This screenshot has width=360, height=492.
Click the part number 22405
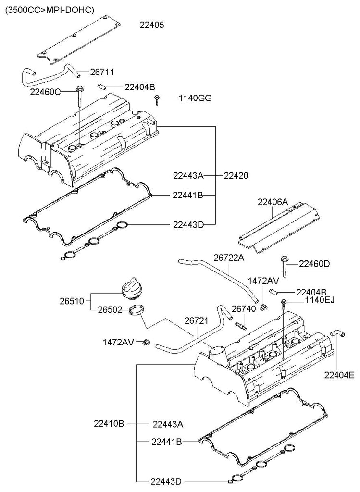coord(151,25)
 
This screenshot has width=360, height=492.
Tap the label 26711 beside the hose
coord(102,73)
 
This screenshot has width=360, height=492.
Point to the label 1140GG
coord(195,98)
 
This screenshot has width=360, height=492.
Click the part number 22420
coord(236,176)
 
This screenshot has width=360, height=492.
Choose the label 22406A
coord(273,202)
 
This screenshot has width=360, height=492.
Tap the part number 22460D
coord(314,264)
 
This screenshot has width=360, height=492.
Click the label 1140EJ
coord(320,300)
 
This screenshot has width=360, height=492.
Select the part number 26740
coord(244,309)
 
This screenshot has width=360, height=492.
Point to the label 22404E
coord(340,375)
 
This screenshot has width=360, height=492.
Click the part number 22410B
coord(109,424)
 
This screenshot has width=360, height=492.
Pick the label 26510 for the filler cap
coord(72,301)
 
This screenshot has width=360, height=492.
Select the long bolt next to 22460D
coord(284,267)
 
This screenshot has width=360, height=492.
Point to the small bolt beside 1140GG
coord(157,100)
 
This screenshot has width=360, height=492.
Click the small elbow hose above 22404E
coord(337,334)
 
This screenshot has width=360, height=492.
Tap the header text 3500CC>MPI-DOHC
coord(50,11)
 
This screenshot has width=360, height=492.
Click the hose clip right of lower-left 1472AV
coord(146,342)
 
